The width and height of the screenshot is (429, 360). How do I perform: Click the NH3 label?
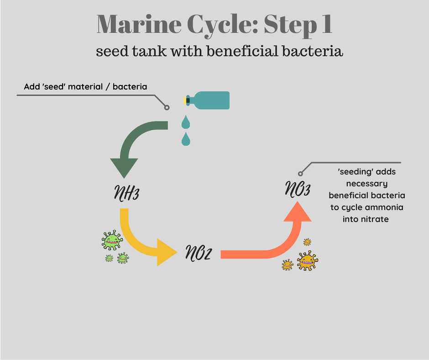pyautogui.click(x=126, y=193)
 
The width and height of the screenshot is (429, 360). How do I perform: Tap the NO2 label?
pyautogui.click(x=198, y=253)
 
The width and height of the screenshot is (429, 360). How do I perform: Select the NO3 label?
pyautogui.click(x=298, y=189)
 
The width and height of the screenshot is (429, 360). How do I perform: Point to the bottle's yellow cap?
pyautogui.click(x=185, y=100)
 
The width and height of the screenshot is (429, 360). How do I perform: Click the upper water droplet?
pyautogui.click(x=185, y=122)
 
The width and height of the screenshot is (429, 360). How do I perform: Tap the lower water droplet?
pyautogui.click(x=185, y=139)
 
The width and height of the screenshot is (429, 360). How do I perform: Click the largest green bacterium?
pyautogui.click(x=112, y=239)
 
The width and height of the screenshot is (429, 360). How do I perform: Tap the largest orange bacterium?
pyautogui.click(x=307, y=261)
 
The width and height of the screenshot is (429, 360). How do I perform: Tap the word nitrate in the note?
pyautogui.click(x=374, y=219)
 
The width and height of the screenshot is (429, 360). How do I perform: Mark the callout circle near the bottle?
pyautogui.click(x=167, y=108)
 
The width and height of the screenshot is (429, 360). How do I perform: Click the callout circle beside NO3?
pyautogui.click(x=300, y=174)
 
